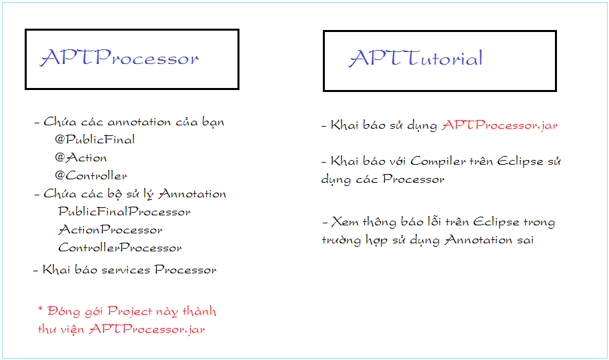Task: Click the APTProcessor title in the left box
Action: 119,57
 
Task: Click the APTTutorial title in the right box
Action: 416,58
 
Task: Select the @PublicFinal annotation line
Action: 95,139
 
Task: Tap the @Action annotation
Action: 81,157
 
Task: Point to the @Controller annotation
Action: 91,175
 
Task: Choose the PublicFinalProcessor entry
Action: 124,211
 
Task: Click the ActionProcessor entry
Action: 110,229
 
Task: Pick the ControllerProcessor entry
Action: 120,247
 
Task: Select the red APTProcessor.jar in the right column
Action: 500,125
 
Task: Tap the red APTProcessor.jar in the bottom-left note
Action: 147,329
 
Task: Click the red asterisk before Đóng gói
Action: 41,309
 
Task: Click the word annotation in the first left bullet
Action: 139,122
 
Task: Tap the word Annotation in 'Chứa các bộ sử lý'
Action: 192,193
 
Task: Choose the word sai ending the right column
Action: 526,239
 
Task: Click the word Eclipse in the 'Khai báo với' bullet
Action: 520,161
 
